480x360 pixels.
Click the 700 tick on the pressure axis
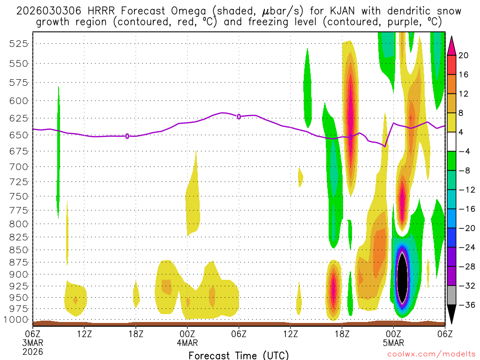point(19,166)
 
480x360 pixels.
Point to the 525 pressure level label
point(19,44)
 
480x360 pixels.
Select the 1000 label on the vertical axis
point(17,320)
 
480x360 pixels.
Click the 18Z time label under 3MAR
point(135,333)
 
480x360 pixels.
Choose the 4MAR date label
point(187,343)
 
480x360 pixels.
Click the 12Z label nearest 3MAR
point(84,333)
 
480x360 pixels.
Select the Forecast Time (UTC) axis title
point(239,355)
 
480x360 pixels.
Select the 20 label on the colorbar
point(464,55)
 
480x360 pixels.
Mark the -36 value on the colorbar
point(464,305)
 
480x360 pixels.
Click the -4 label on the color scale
point(464,151)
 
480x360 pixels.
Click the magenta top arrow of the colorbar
point(451,44)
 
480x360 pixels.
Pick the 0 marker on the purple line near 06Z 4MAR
point(239,116)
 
